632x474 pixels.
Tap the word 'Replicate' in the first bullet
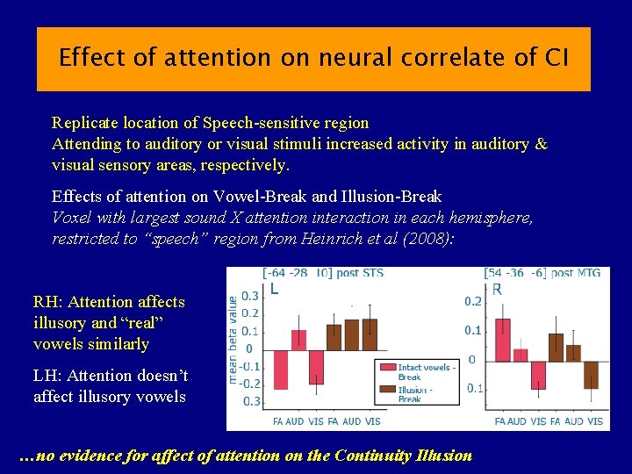click(85, 123)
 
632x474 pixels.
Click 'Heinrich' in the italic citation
click(331, 239)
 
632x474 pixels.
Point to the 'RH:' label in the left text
click(49, 302)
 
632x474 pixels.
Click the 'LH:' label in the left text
click(49, 376)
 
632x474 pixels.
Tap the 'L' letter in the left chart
click(275, 288)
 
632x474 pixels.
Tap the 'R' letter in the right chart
click(497, 289)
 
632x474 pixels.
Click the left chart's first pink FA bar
click(280, 369)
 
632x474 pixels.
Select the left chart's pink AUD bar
click(298, 340)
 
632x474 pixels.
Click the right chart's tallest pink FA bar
click(502, 340)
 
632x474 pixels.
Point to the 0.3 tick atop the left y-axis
click(249, 296)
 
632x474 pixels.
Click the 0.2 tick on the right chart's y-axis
click(473, 302)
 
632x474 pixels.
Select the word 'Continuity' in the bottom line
click(379, 456)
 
